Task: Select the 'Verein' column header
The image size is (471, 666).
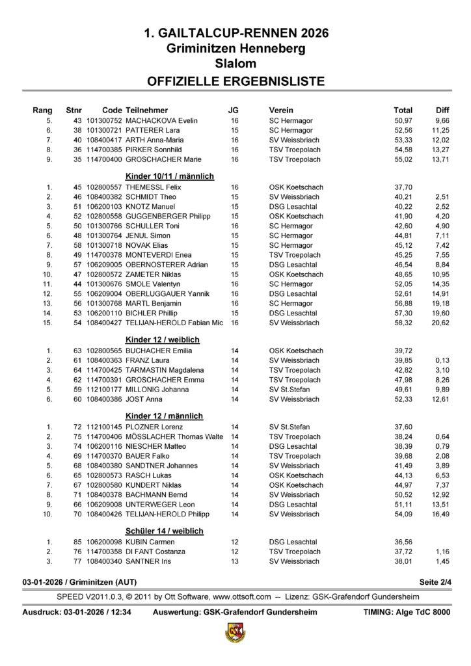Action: pos(280,110)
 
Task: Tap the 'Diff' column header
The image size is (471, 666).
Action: pos(442,110)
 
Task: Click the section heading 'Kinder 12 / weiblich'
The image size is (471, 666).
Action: pos(162,340)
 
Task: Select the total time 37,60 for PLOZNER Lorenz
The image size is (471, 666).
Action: pos(403,427)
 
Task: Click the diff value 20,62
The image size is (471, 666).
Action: pos(440,322)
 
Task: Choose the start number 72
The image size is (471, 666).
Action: pos(77,427)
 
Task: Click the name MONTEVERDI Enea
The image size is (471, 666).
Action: pos(158,255)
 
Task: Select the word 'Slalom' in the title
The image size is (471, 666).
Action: pos(235,63)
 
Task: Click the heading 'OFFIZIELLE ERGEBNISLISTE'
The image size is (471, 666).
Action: pos(235,81)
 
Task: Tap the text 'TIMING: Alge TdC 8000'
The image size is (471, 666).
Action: pos(406,613)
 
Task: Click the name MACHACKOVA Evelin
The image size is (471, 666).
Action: pos(160,121)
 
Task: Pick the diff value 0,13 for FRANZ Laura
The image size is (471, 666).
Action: pos(442,360)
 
